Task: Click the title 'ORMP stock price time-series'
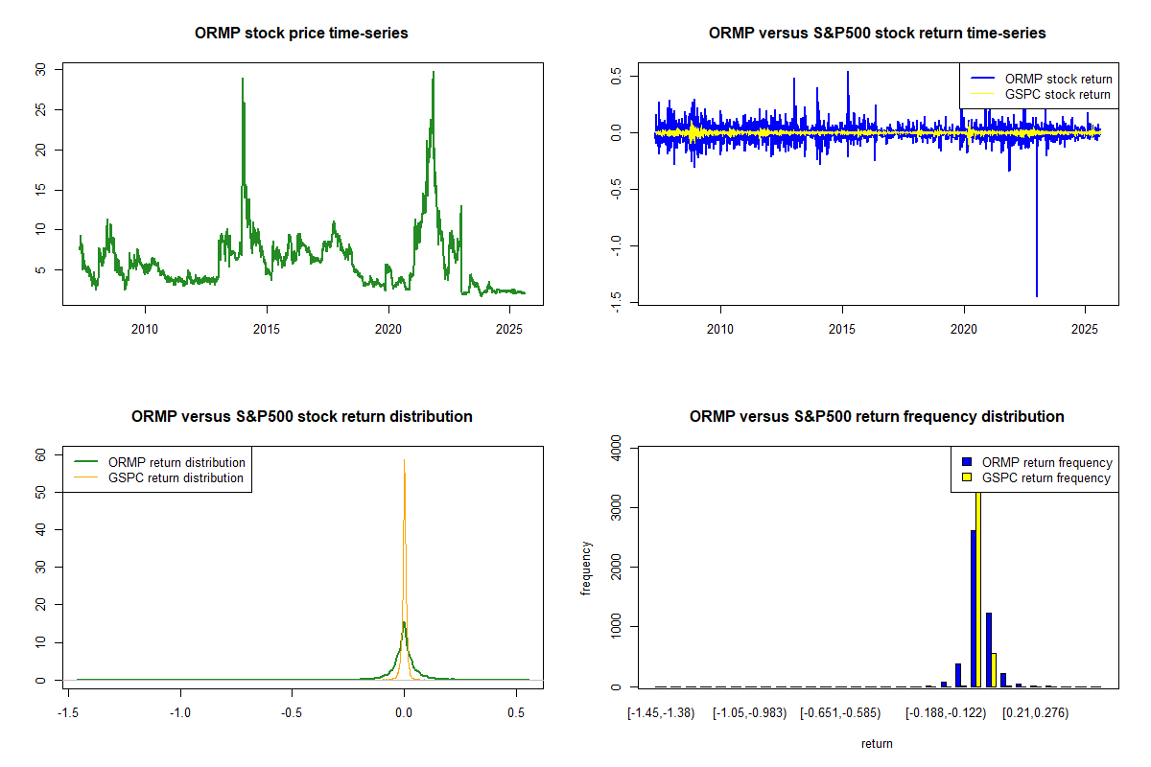301,34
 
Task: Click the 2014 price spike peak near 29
243,80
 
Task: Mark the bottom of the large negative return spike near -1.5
1037,296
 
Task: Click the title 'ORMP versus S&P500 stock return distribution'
301,417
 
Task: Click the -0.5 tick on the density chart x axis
293,714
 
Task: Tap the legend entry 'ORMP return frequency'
1046,462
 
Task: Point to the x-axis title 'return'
877,743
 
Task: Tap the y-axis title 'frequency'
586,568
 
